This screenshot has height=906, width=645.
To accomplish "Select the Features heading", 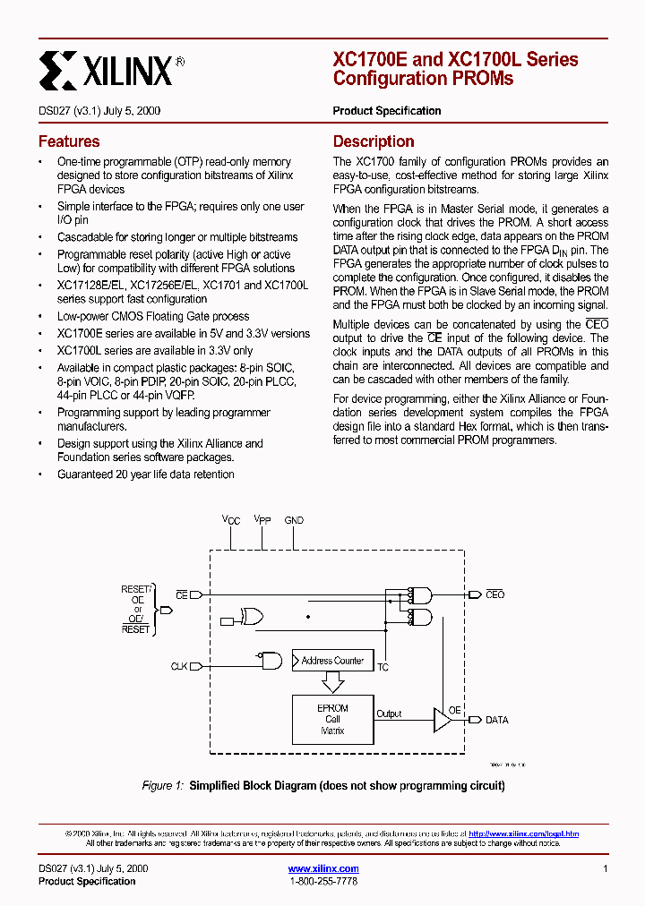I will [69, 141].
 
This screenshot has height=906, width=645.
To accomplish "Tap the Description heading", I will [374, 141].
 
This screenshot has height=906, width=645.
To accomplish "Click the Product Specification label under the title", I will [387, 111].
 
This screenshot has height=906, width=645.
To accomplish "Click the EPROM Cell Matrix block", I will [332, 719].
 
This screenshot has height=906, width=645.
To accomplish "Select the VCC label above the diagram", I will [231, 519].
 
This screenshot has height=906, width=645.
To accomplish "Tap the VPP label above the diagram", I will [262, 519].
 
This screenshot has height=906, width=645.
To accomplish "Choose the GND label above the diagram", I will [294, 519].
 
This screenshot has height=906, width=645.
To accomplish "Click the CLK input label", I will [179, 666].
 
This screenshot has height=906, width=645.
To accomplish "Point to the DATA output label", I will [496, 720].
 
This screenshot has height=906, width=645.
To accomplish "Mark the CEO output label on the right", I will [494, 594].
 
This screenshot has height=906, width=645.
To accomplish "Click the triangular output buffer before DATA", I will [442, 720].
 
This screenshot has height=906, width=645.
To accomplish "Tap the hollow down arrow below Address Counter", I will [332, 682].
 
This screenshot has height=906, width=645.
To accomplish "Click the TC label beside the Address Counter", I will [383, 668].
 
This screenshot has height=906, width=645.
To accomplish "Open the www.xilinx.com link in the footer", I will [323, 868].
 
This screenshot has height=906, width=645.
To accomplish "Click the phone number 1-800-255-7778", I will [323, 882].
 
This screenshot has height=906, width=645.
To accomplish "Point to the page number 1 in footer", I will [606, 868].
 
